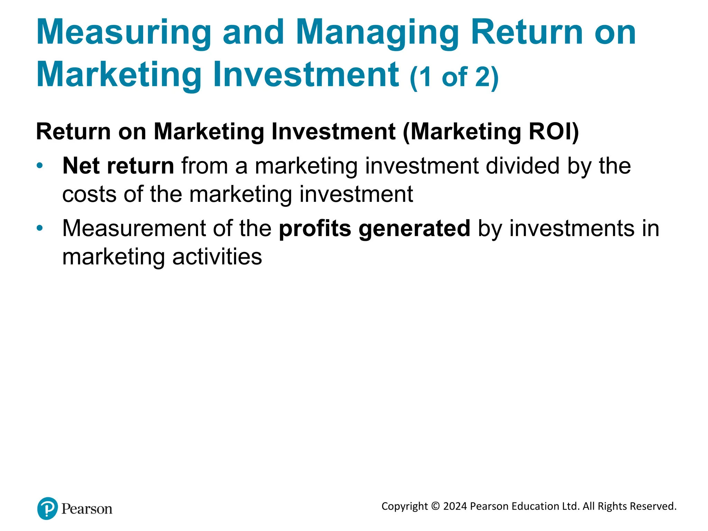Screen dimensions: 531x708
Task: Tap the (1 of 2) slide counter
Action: (x=454, y=77)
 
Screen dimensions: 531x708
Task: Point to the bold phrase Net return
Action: (x=118, y=166)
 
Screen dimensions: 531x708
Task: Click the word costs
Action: (x=89, y=194)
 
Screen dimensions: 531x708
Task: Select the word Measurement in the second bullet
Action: (x=134, y=229)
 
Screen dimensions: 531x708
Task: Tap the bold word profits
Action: (x=315, y=229)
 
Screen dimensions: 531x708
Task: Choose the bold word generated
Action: (x=414, y=229)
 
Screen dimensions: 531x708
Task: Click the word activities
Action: (x=217, y=257)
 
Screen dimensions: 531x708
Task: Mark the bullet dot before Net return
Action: (x=40, y=166)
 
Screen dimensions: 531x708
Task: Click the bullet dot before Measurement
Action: (x=40, y=228)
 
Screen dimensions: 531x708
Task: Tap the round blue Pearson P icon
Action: (x=47, y=509)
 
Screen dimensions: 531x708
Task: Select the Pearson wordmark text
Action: (x=87, y=509)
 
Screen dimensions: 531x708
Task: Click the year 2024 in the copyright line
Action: (x=455, y=506)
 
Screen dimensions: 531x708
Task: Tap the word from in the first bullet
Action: (x=204, y=166)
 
